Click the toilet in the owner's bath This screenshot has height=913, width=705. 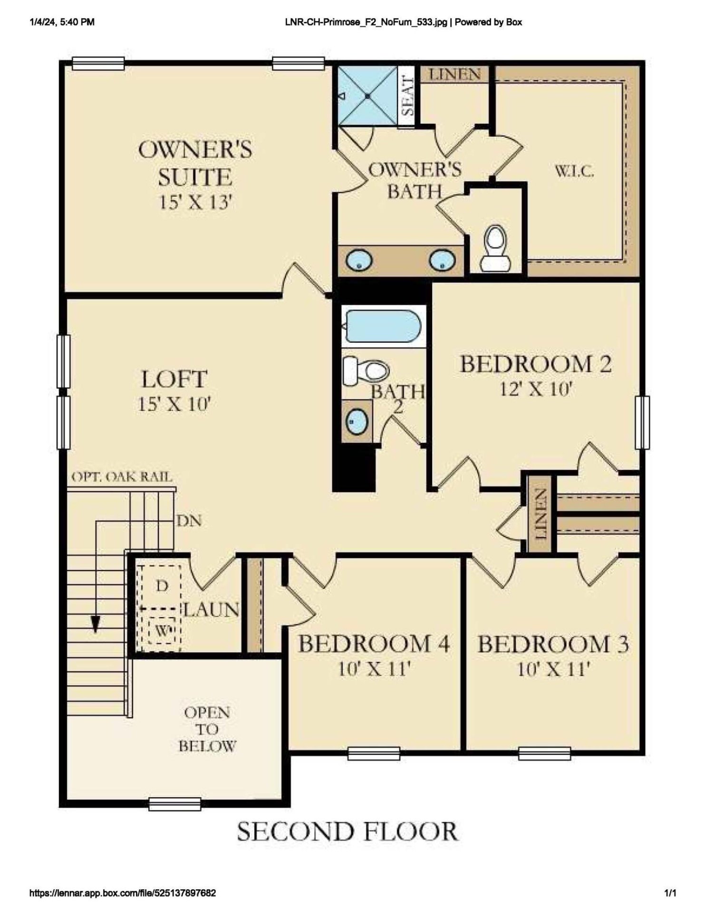tap(495, 249)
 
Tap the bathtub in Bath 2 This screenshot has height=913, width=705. tap(383, 326)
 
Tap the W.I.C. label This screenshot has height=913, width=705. tap(574, 172)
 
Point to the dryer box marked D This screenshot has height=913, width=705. tap(162, 586)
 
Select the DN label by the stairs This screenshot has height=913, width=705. tap(189, 521)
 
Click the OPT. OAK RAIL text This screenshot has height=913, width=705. tap(122, 477)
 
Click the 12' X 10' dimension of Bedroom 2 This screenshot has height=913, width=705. tap(534, 390)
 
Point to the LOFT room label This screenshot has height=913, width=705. tap(174, 379)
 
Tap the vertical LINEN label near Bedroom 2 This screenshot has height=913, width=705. tap(540, 514)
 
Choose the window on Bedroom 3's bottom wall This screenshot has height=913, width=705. tap(544, 753)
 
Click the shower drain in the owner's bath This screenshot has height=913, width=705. tap(368, 96)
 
